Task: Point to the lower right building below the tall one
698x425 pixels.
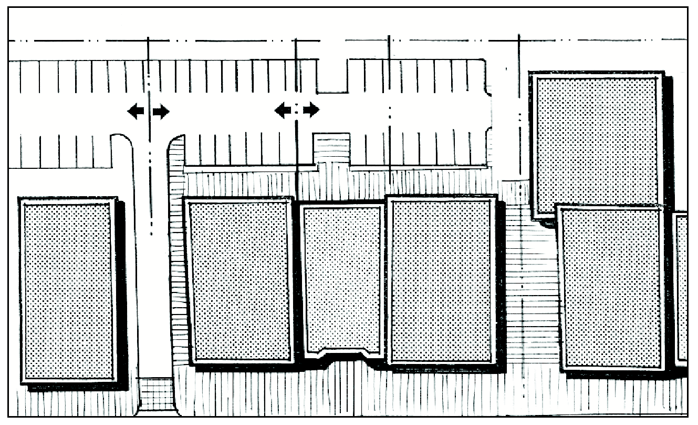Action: [612, 287]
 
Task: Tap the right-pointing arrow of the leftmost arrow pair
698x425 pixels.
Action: [162, 111]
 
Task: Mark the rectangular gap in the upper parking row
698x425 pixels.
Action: [332, 76]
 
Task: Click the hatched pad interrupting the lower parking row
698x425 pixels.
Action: [331, 148]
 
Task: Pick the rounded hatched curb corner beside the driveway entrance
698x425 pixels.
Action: [176, 153]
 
